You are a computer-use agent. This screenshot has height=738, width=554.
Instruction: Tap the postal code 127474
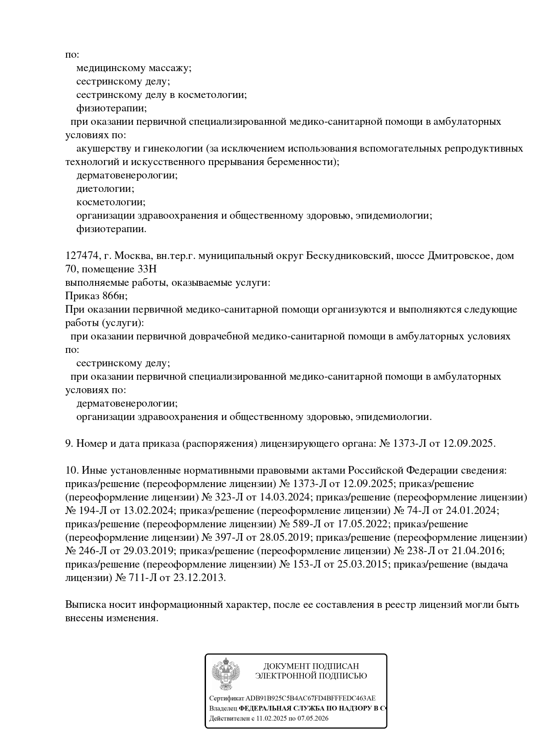[82, 256]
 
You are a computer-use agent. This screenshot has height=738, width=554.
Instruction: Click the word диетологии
[105, 189]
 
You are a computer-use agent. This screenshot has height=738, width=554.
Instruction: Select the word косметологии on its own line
[111, 202]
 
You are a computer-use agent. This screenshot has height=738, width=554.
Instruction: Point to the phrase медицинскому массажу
[134, 68]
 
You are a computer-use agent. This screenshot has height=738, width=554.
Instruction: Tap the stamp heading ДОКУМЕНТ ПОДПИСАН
[311, 666]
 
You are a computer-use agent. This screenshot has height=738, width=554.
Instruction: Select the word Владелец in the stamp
[223, 708]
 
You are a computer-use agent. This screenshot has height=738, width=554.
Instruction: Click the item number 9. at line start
[69, 444]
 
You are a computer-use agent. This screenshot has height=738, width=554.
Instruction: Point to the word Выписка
[85, 605]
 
